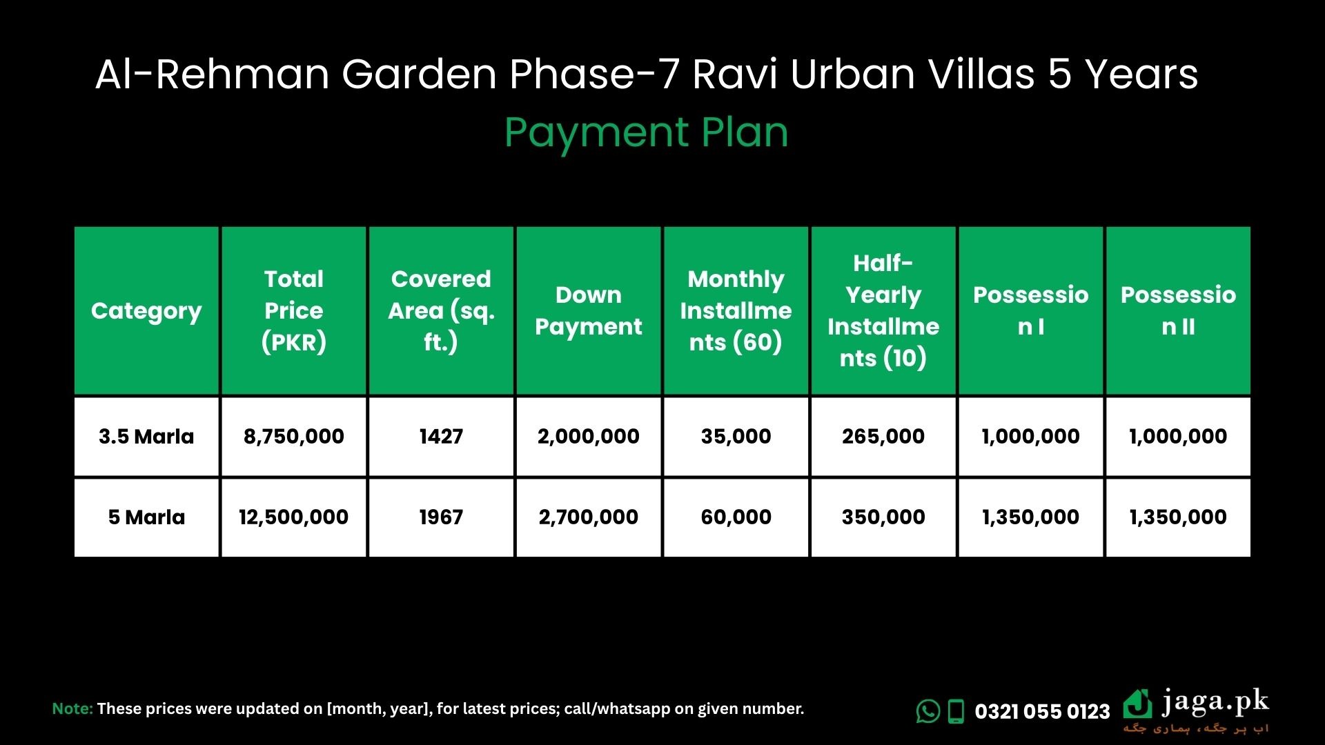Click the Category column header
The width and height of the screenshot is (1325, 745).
(x=146, y=311)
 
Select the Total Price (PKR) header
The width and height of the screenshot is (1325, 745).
(x=294, y=310)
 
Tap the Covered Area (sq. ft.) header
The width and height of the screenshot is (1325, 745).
(x=441, y=310)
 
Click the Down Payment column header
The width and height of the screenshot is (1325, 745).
(x=589, y=310)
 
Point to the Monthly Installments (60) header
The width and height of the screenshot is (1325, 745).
(x=736, y=310)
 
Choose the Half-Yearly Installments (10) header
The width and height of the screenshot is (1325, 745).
(x=883, y=310)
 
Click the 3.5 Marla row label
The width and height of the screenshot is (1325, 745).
(x=146, y=437)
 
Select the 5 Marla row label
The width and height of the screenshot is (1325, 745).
(x=146, y=517)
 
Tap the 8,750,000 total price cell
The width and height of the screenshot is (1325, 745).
(x=294, y=437)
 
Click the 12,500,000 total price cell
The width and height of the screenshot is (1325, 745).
(x=294, y=517)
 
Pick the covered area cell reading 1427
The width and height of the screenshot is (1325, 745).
(x=441, y=437)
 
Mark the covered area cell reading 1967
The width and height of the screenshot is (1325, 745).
(x=441, y=517)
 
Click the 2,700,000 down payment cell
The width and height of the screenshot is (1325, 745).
(x=589, y=517)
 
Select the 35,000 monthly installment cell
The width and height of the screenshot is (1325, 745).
(x=736, y=437)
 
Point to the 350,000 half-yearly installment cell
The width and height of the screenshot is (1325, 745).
(x=883, y=517)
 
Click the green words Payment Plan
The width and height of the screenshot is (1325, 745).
(x=646, y=133)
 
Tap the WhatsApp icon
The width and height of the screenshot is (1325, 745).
(x=928, y=711)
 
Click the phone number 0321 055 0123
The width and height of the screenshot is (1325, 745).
(x=1042, y=711)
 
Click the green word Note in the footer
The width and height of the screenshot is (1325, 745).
(x=72, y=708)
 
